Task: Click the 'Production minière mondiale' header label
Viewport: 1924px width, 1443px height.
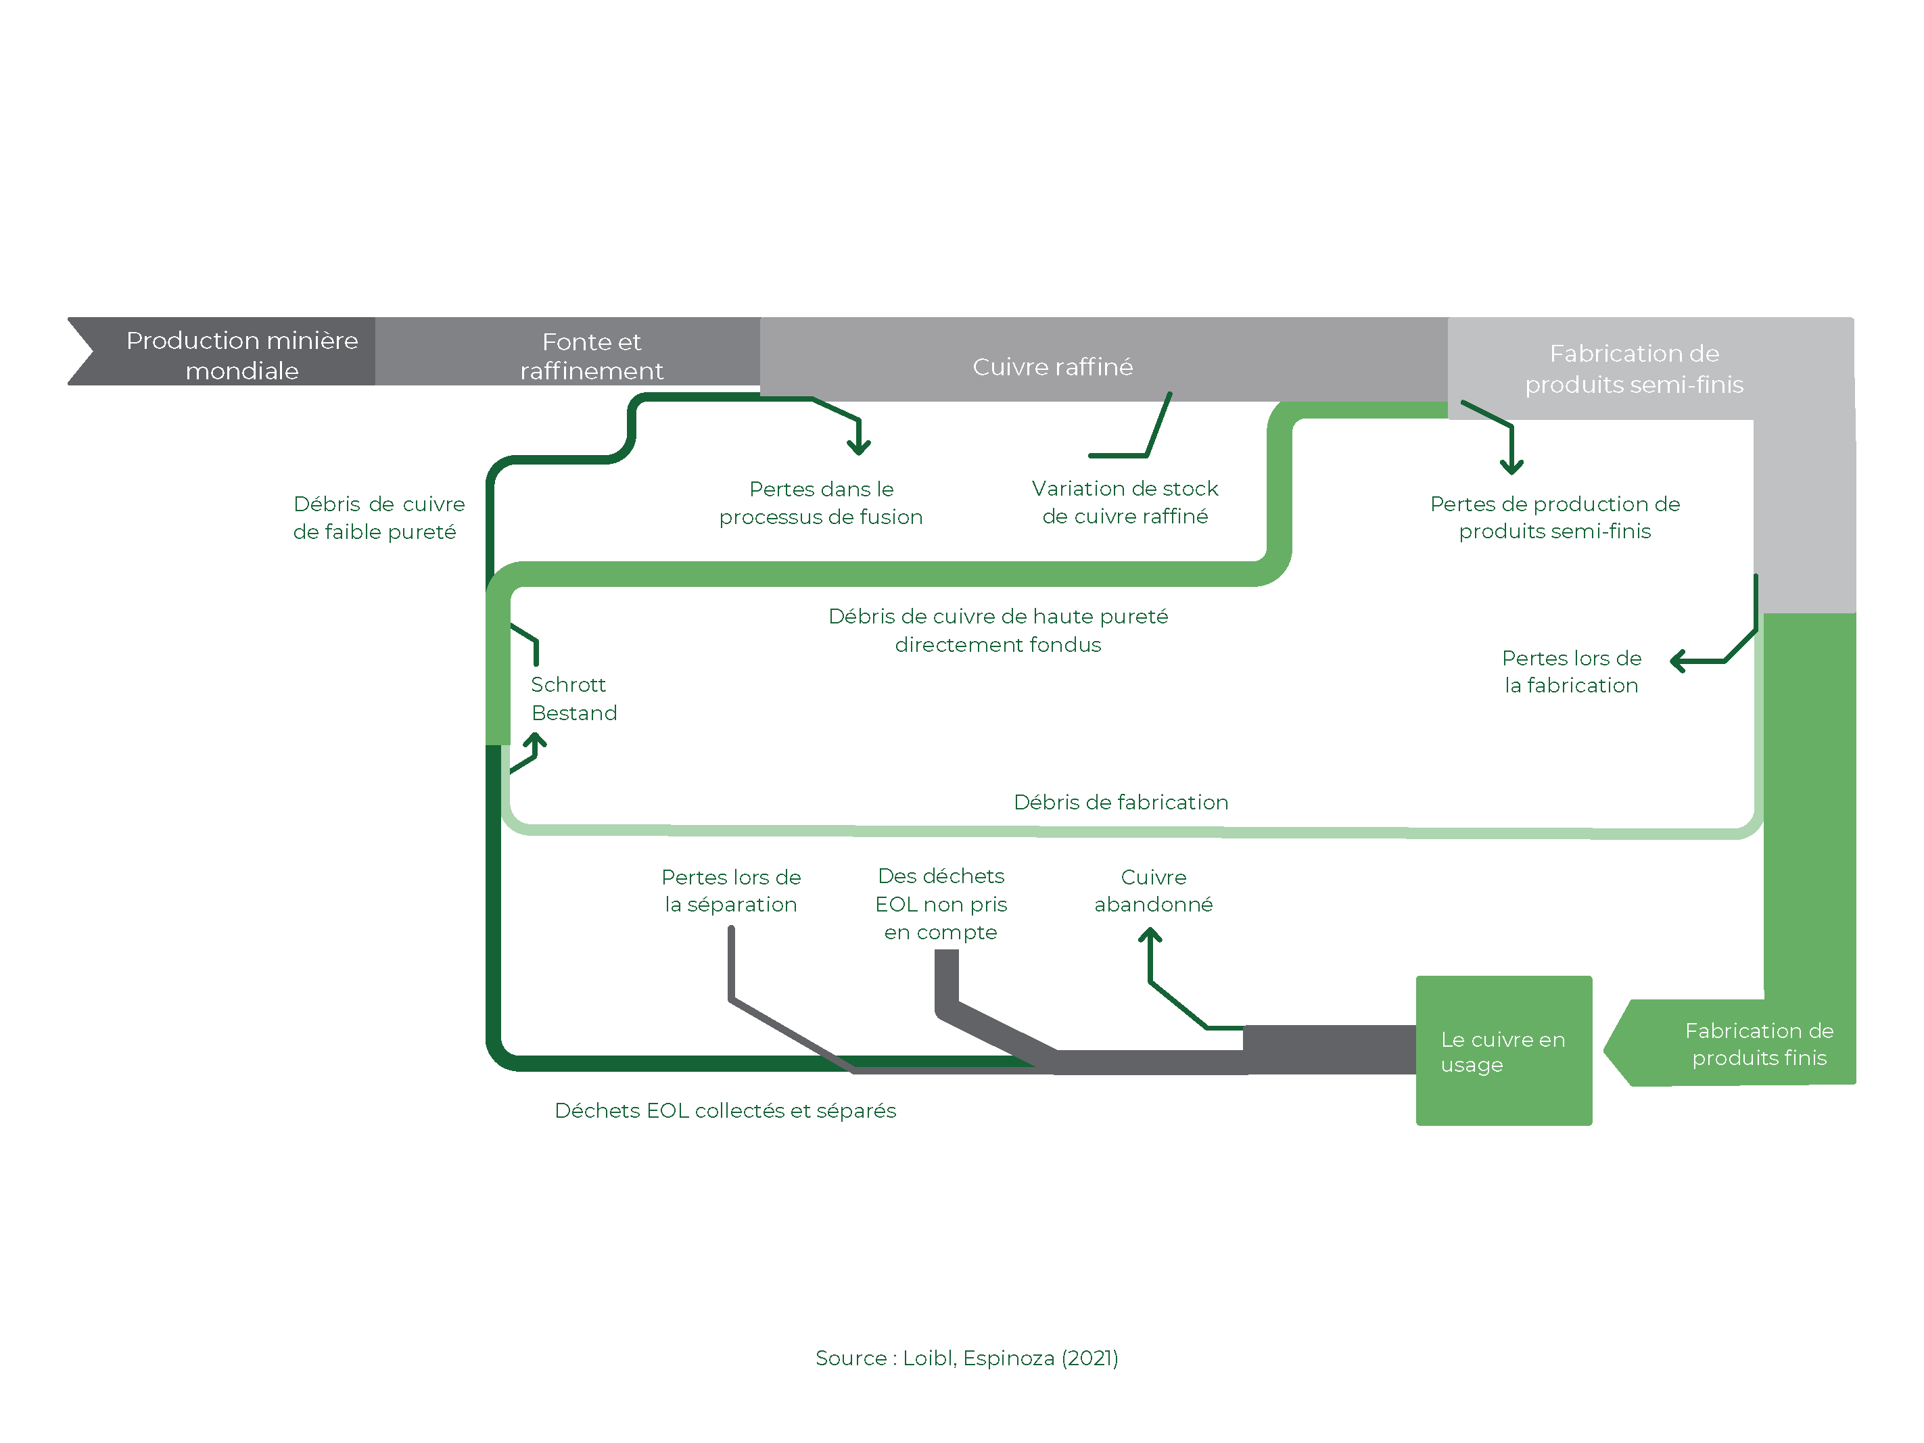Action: coord(242,355)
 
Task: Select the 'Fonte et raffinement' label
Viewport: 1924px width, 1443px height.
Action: coord(592,356)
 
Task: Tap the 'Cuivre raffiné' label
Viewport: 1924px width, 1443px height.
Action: coord(1052,367)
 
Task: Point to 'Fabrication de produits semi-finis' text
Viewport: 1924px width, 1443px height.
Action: coord(1635,369)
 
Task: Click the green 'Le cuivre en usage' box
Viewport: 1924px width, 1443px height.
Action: coord(1504,1051)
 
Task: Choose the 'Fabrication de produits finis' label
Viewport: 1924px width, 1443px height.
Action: coord(1759,1044)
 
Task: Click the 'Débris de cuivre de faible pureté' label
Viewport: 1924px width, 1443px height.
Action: coord(378,517)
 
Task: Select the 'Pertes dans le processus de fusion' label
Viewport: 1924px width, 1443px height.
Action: coord(821,502)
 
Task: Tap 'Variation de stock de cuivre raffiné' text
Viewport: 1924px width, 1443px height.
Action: coord(1125,502)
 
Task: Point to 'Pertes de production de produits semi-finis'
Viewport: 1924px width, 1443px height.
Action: coord(1555,517)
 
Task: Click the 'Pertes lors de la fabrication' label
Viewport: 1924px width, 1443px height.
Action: coord(1572,671)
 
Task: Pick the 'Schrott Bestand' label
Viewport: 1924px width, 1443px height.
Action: coord(574,699)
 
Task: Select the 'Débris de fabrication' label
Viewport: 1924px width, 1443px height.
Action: coord(1121,802)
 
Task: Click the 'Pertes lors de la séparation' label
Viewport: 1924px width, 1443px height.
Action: coord(730,891)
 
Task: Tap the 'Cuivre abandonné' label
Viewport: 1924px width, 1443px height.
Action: coord(1153,891)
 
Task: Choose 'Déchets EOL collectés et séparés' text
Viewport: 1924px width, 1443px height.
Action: coord(726,1111)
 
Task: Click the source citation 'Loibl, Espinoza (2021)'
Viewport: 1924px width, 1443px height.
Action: coord(1011,1358)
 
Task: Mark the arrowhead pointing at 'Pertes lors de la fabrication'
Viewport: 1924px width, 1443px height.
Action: coord(1678,661)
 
